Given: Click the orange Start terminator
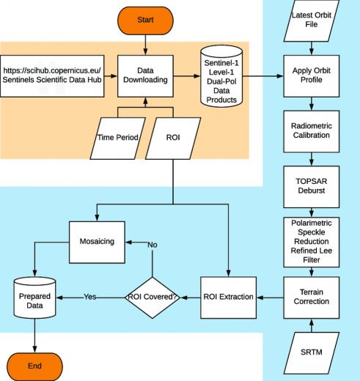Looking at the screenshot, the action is pyautogui.click(x=145, y=21).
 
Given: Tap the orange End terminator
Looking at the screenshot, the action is pyautogui.click(x=34, y=366).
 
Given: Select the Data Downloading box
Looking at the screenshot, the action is pyautogui.click(x=145, y=76).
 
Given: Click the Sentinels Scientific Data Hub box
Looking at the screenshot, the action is pyautogui.click(x=52, y=76).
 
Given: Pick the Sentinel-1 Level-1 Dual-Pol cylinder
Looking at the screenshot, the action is pyautogui.click(x=221, y=76).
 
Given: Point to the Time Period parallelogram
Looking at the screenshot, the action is pyautogui.click(x=118, y=138).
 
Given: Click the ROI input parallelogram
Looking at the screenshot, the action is pyautogui.click(x=173, y=138).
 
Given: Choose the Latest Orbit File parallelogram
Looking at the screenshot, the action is pyautogui.click(x=312, y=21).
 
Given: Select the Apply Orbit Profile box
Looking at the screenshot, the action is pyautogui.click(x=312, y=76).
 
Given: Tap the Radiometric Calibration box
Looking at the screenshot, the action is pyautogui.click(x=312, y=131).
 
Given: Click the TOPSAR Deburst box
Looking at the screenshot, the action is pyautogui.click(x=312, y=187).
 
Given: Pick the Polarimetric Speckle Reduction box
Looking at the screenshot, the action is pyautogui.click(x=312, y=242).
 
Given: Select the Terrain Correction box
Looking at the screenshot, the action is pyautogui.click(x=312, y=297).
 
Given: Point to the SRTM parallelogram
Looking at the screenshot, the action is pyautogui.click(x=312, y=353).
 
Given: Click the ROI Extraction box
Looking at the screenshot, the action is pyautogui.click(x=228, y=297).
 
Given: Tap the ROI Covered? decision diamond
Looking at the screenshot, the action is pyautogui.click(x=153, y=297).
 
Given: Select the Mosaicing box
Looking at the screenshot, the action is pyautogui.click(x=97, y=242).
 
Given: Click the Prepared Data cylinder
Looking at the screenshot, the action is pyautogui.click(x=34, y=297).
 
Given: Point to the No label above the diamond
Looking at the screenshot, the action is pyautogui.click(x=153, y=245).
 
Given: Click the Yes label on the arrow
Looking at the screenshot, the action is pyautogui.click(x=90, y=297).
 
